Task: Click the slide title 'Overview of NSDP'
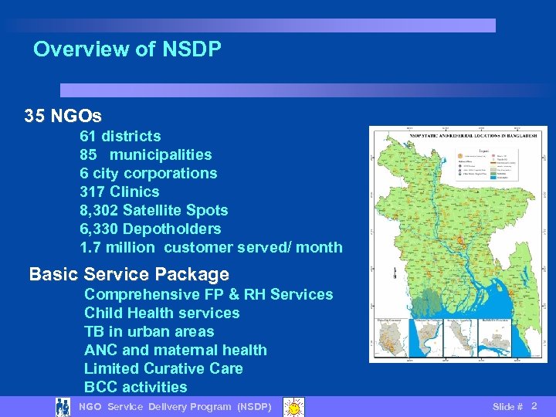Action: (127, 50)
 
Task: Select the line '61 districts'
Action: (120, 136)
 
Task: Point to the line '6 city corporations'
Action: (148, 173)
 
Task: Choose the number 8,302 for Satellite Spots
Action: (99, 210)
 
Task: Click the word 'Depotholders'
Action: (171, 229)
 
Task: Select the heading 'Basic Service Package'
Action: (129, 274)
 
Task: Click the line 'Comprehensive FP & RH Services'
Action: (208, 294)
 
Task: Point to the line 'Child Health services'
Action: (161, 313)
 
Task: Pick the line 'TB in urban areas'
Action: (149, 331)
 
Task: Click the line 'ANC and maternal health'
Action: (175, 350)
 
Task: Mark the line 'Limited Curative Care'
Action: (163, 368)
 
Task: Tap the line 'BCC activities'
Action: (135, 387)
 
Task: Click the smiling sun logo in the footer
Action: (293, 406)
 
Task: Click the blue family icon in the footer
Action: (63, 406)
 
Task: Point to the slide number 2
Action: (534, 405)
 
